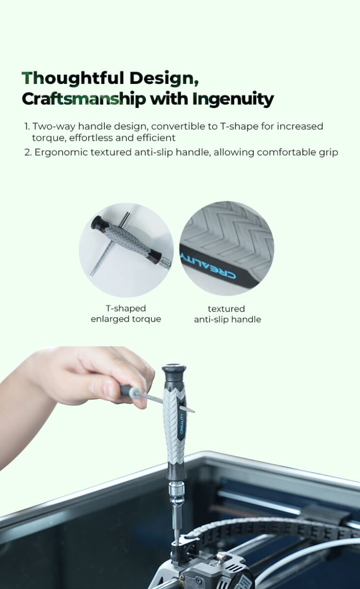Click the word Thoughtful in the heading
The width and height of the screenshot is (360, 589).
point(73,79)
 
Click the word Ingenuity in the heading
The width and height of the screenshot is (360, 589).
point(233,99)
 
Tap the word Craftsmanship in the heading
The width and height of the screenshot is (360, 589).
point(83,99)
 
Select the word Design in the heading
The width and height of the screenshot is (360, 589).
point(164,79)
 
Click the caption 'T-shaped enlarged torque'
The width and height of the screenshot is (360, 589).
point(126,314)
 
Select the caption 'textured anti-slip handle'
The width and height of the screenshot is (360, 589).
point(227,314)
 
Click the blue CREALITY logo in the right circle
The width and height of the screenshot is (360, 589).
point(208,266)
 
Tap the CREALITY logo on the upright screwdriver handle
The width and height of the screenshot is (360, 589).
point(182,424)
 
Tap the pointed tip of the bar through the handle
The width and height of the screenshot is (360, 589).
point(193,411)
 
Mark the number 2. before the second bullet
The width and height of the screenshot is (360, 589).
point(28,153)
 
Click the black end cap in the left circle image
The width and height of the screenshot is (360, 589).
point(98,223)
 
